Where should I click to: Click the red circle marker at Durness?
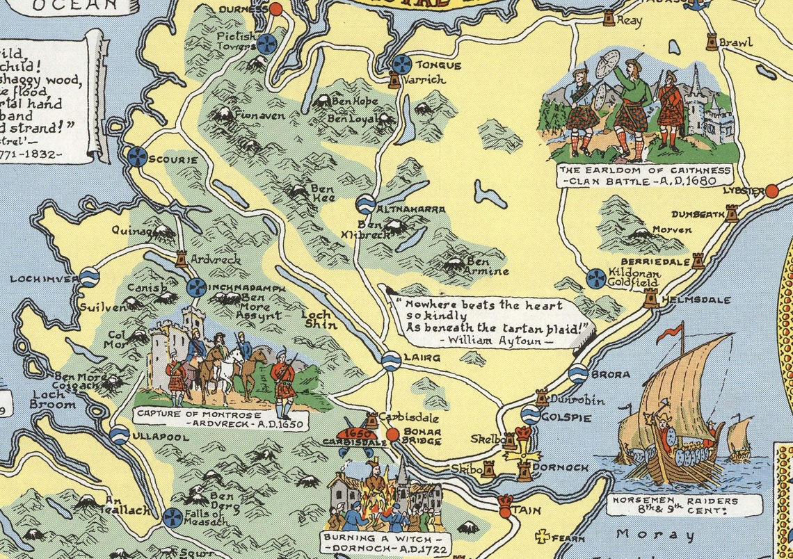(x=275, y=9)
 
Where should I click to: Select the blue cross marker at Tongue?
(x=401, y=65)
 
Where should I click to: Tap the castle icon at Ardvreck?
(x=182, y=259)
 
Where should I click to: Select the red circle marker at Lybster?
(x=771, y=191)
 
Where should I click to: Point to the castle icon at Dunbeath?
(x=731, y=213)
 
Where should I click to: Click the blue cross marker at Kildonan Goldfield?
(x=595, y=278)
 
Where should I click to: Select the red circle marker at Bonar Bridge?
(x=392, y=435)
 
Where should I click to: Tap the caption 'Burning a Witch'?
(x=383, y=540)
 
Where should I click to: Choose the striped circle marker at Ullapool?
(x=120, y=436)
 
